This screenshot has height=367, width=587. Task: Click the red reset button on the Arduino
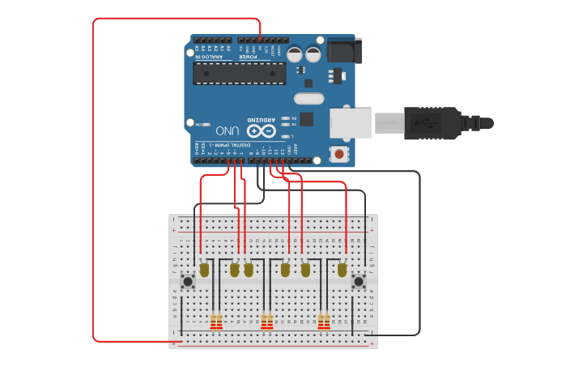[338, 153]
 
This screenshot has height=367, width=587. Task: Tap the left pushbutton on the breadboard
[188, 282]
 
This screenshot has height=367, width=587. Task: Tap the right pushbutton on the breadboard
[359, 282]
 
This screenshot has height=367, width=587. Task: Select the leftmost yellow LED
[204, 269]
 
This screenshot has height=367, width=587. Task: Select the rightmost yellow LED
[342, 269]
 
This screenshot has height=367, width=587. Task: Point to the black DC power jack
[344, 51]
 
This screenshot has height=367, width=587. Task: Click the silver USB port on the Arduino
[350, 123]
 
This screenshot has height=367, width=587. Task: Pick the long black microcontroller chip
[239, 74]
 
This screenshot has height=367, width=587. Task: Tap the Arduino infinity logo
[261, 130]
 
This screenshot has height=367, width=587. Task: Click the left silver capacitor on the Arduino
[295, 54]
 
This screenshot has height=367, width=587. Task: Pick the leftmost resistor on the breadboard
[213, 322]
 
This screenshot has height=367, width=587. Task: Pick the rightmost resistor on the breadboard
[327, 322]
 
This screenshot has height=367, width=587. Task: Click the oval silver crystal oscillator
[308, 99]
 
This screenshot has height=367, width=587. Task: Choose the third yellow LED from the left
[249, 269]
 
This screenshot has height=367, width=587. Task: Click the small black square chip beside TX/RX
[306, 119]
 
